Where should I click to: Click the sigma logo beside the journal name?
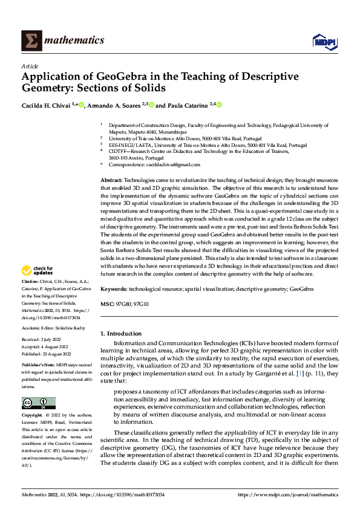[30, 40]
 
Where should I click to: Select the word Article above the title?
[30, 65]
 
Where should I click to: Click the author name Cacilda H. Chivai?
[45, 105]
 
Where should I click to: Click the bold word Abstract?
[111, 181]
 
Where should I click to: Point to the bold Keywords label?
[113, 290]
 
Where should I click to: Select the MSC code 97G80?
[123, 303]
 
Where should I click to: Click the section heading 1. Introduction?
[121, 334]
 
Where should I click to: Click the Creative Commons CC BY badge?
[38, 403]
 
